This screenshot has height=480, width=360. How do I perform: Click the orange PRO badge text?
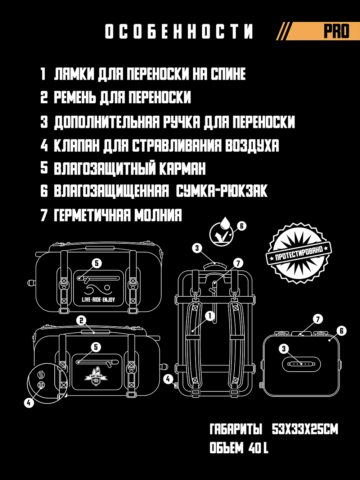point(336,31)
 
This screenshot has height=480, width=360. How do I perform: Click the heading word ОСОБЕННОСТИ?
point(179,31)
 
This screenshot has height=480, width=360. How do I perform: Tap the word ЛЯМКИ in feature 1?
point(74,74)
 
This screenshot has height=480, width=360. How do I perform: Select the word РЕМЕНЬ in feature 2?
point(75,97)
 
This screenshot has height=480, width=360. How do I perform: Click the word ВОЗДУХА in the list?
point(252,145)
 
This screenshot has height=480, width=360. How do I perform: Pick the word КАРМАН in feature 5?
point(182,169)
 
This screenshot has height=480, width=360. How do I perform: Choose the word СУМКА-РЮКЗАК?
point(221,191)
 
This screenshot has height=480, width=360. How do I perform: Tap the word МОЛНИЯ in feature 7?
point(158,215)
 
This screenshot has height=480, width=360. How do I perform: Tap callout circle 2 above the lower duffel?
point(81,321)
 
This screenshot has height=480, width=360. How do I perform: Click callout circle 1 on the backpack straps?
point(210,316)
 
